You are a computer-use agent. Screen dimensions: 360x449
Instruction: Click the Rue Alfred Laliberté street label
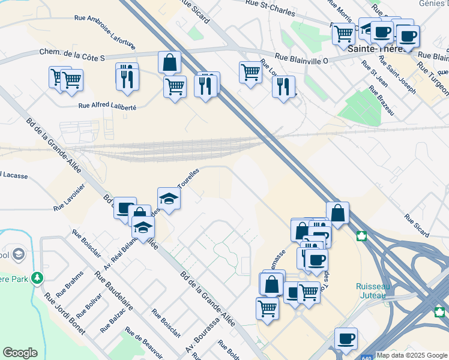(x=108, y=106)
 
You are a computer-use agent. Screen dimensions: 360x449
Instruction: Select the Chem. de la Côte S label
(x=73, y=55)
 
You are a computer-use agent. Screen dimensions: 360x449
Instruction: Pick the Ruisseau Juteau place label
(x=373, y=290)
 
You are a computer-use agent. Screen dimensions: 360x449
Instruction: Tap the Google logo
(x=20, y=353)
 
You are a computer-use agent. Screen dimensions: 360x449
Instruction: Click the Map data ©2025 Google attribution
(x=412, y=355)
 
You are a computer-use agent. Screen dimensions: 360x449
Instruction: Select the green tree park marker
(x=38, y=278)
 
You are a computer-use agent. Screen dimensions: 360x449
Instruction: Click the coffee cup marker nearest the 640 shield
(x=346, y=338)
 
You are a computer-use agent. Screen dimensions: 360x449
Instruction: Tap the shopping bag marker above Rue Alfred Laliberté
(x=170, y=62)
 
